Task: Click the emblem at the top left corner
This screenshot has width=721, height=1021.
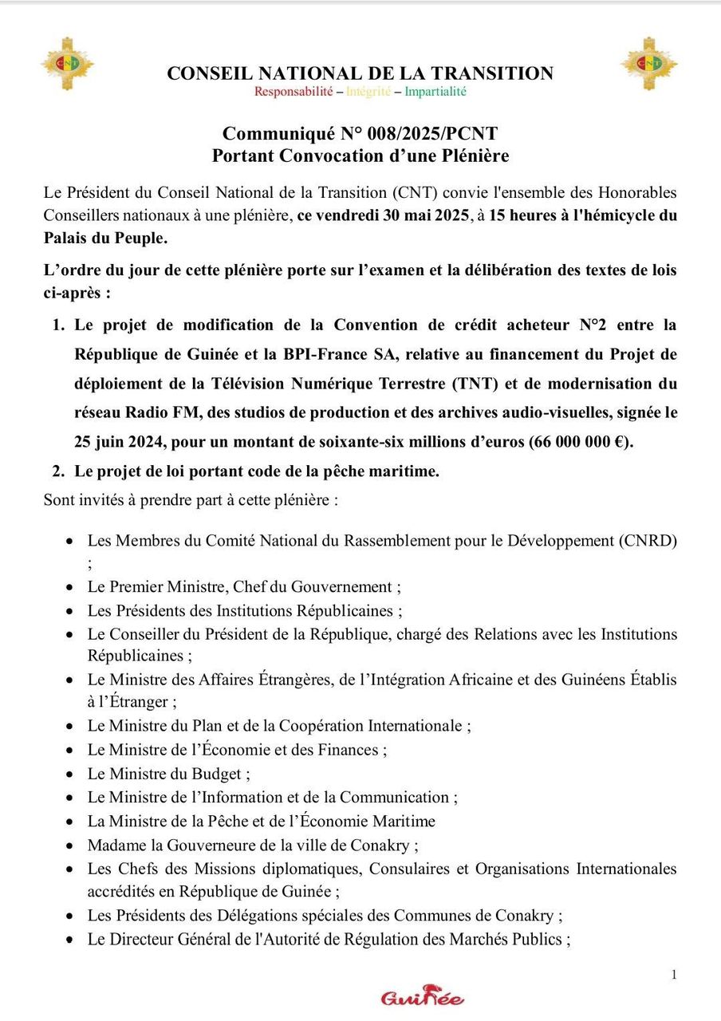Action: pyautogui.click(x=67, y=63)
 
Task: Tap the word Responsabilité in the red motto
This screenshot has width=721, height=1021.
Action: pyautogui.click(x=293, y=92)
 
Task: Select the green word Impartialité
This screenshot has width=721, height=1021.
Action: pyautogui.click(x=435, y=92)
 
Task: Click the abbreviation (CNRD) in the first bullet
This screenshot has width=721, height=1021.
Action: pyautogui.click(x=647, y=541)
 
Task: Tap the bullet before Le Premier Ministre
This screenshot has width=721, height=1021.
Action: pyautogui.click(x=72, y=587)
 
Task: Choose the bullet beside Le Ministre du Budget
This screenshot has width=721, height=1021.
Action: pyautogui.click(x=72, y=774)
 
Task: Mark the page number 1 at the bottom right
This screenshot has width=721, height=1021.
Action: pyautogui.click(x=674, y=974)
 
